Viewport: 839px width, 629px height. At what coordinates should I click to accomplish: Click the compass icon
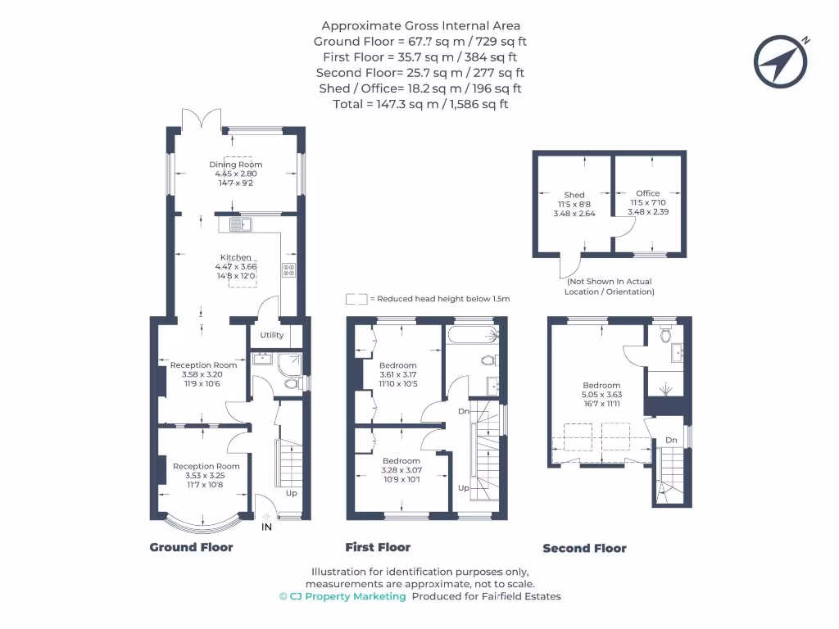click(x=782, y=61)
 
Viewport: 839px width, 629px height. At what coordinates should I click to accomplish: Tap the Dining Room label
click(x=235, y=165)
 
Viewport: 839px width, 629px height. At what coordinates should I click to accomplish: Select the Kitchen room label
click(x=235, y=257)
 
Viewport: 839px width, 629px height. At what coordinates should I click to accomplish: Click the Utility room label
click(x=272, y=335)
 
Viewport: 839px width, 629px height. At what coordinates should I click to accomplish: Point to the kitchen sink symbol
click(x=240, y=224)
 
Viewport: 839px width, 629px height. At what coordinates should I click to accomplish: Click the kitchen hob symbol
click(x=288, y=269)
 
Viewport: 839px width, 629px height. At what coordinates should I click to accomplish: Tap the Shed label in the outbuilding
click(x=574, y=195)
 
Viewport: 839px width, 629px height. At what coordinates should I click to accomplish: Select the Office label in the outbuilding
click(x=648, y=194)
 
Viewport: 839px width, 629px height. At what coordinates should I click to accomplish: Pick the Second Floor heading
click(x=584, y=549)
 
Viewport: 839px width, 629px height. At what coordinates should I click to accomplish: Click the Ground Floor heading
click(x=191, y=547)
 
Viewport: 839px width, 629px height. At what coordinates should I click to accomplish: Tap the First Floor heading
click(x=378, y=547)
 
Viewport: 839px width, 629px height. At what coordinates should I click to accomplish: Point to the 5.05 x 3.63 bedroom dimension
click(x=601, y=395)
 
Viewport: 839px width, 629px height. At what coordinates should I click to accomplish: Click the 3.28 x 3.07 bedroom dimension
click(x=401, y=470)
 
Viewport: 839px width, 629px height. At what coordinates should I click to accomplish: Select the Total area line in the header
click(x=419, y=104)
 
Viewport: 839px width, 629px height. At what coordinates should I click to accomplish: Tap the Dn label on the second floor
click(x=671, y=441)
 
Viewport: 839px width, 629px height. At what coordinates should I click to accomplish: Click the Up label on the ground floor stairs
click(x=291, y=494)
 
